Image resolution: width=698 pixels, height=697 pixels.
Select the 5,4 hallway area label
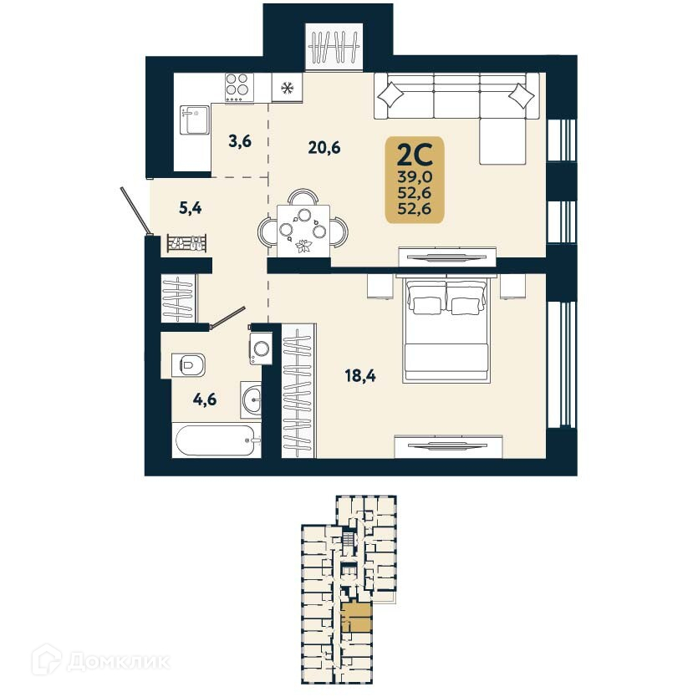pos(191,208)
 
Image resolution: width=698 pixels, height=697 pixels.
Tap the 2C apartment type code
pos(414,155)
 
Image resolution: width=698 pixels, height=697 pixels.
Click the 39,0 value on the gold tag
pos(415,176)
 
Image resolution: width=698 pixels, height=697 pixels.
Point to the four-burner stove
pos(238,86)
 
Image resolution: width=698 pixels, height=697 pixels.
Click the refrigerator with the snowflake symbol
pos(288,87)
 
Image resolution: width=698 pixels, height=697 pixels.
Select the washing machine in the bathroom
pos(261,345)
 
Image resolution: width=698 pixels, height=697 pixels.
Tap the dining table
pos(302,226)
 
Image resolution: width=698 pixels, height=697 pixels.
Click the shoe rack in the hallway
pos(187,243)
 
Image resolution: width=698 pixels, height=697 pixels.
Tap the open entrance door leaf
pos(135,210)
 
